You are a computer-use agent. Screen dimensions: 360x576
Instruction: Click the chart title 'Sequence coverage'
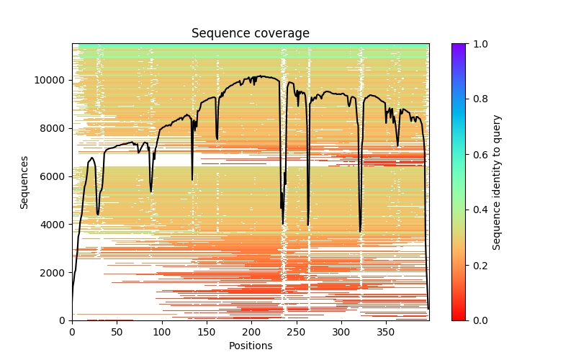(251, 34)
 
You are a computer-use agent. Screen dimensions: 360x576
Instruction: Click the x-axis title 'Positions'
(251, 346)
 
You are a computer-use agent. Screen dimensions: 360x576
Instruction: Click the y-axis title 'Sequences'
(24, 182)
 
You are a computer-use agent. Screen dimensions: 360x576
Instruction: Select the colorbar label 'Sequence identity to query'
(497, 182)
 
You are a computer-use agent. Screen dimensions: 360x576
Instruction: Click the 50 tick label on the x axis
(117, 332)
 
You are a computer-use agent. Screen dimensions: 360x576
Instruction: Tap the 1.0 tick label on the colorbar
(478, 44)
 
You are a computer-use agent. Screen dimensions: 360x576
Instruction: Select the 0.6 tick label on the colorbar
(478, 155)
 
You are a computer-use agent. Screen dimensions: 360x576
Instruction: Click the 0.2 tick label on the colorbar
(478, 265)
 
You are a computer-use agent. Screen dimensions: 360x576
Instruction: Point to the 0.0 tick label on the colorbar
(478, 320)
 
